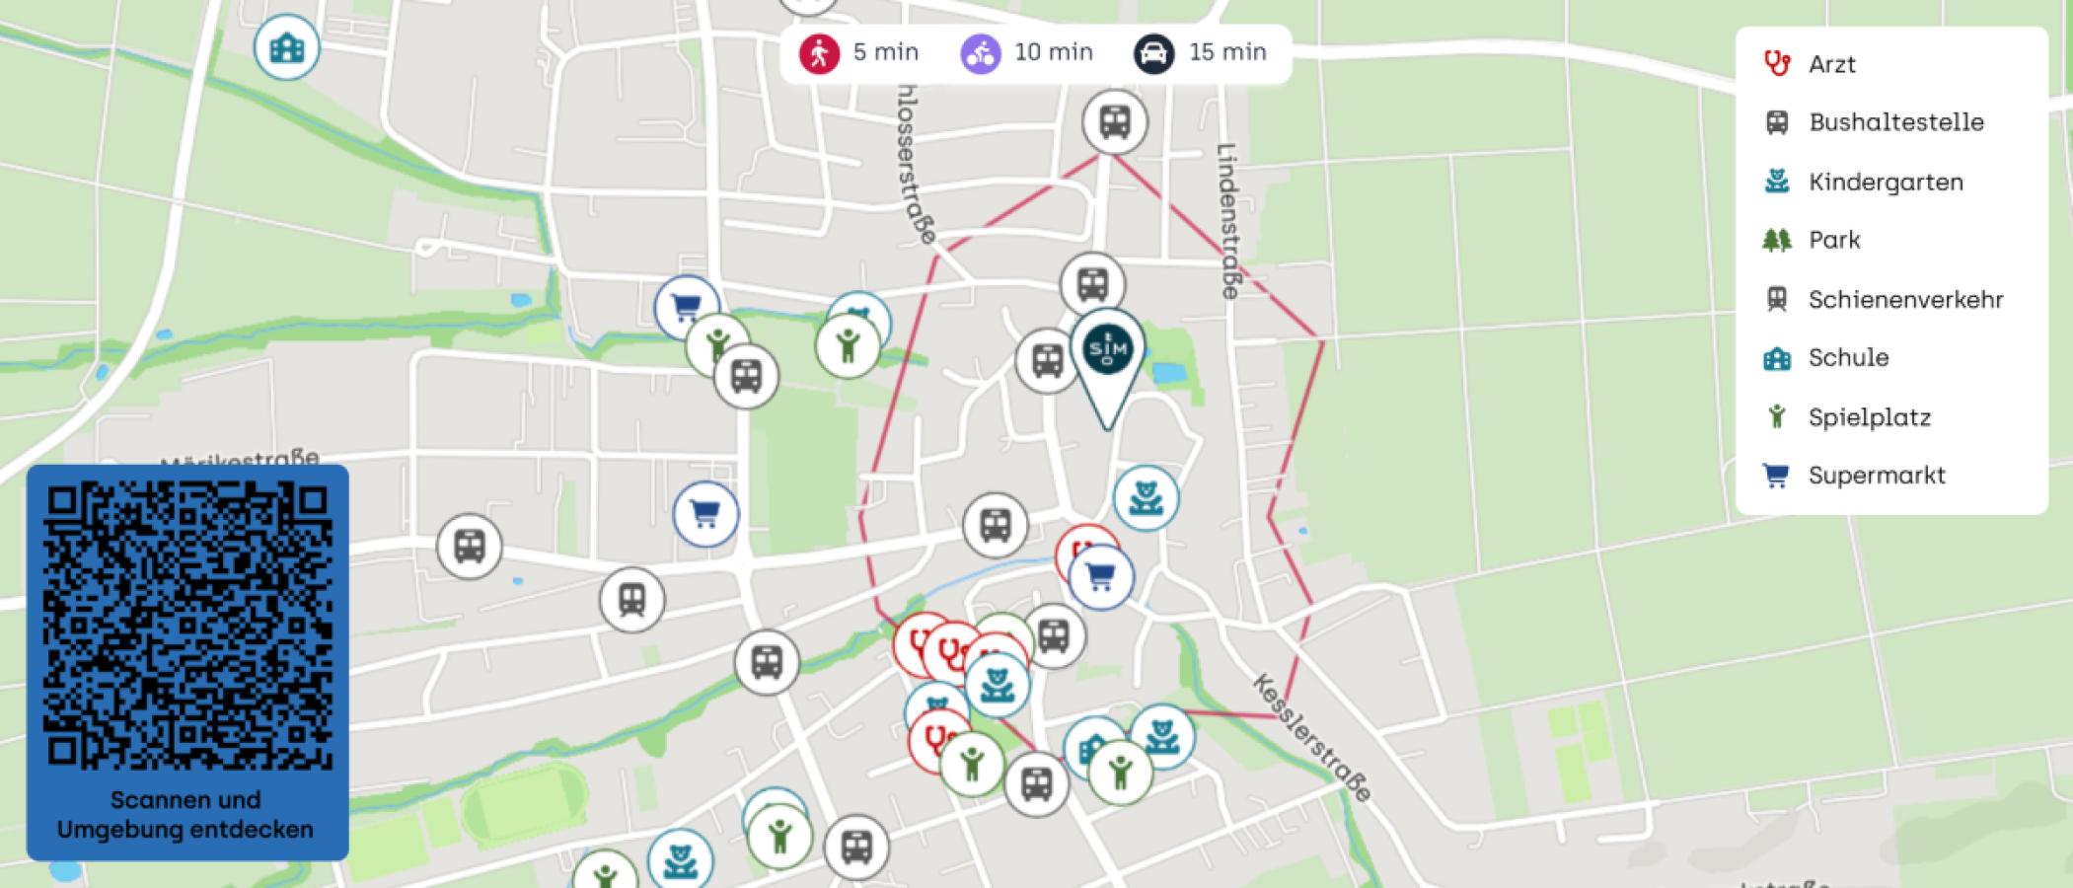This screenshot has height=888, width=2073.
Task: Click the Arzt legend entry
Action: click(x=1831, y=64)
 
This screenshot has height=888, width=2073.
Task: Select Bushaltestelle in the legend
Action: click(x=1894, y=122)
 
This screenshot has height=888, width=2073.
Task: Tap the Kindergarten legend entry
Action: click(x=1885, y=182)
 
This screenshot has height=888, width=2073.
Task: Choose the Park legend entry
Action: click(x=1833, y=240)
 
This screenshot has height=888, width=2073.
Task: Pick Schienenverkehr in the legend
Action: click(x=1904, y=299)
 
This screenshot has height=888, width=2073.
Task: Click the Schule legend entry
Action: click(x=1847, y=357)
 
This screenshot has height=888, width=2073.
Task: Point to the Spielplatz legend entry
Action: click(x=1869, y=416)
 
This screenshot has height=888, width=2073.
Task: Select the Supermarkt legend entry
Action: click(x=1876, y=475)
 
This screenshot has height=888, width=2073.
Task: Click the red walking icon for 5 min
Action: click(x=819, y=53)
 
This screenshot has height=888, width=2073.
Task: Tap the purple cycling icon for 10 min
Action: click(x=980, y=53)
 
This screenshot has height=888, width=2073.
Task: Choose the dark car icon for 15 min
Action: click(x=1153, y=53)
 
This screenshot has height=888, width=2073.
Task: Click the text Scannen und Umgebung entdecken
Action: click(x=185, y=815)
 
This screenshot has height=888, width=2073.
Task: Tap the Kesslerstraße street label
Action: click(x=1311, y=737)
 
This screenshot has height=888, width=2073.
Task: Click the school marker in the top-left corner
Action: click(x=286, y=48)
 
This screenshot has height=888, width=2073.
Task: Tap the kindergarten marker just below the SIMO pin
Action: click(x=1146, y=498)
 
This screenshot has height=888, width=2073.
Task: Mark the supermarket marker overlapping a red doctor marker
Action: click(x=1101, y=577)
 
